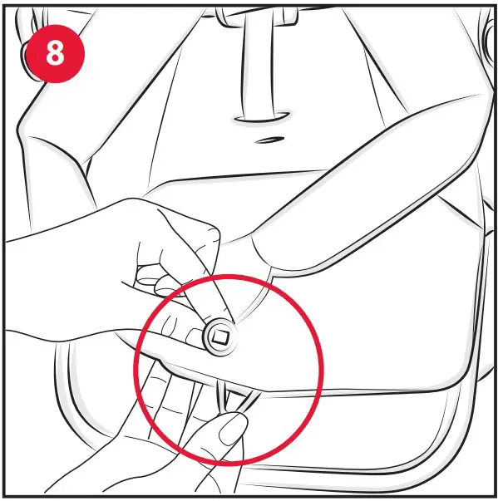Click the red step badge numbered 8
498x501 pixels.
54,52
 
